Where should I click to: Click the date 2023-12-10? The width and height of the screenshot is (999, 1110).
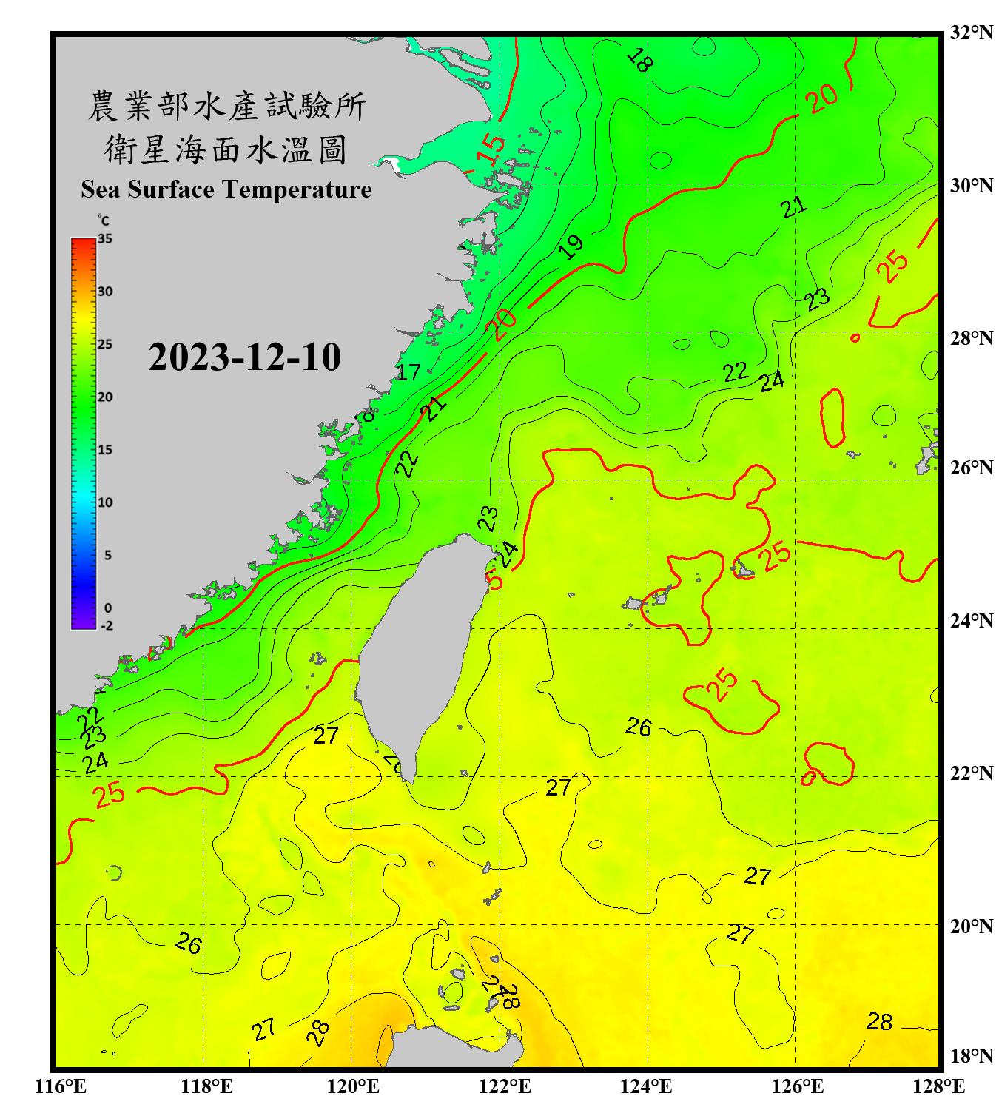pos(244,357)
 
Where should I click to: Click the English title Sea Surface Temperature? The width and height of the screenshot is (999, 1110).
pos(226,189)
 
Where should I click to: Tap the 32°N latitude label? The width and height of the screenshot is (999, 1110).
pos(971,33)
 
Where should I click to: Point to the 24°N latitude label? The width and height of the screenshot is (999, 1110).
pos(971,620)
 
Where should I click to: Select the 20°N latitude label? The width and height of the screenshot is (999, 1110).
pos(971,926)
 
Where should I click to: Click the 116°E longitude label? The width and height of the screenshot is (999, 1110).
pos(61,1086)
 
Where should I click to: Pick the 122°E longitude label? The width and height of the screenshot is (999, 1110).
pos(505,1086)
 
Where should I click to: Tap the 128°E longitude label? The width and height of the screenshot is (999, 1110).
pos(938,1086)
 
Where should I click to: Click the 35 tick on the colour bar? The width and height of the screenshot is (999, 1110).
pos(105,239)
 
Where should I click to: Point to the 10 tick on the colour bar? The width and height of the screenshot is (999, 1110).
pos(105,502)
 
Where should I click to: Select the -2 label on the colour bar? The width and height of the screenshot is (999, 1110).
pos(107,626)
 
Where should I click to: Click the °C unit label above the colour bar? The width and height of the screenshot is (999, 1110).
pos(104,221)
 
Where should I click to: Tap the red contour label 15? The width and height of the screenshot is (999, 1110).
pos(490,148)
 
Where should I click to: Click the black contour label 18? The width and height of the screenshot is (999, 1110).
pos(639,60)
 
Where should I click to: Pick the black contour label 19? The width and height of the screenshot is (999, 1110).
pos(571,246)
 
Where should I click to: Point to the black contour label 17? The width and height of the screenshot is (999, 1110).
pos(408,372)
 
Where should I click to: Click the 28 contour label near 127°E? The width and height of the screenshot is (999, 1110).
pos(880,1022)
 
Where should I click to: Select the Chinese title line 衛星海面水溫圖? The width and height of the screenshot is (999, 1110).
pos(226,149)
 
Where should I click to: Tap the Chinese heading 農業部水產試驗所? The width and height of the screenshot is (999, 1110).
pos(226,106)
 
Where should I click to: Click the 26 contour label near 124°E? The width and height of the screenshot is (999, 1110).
pos(639,727)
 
